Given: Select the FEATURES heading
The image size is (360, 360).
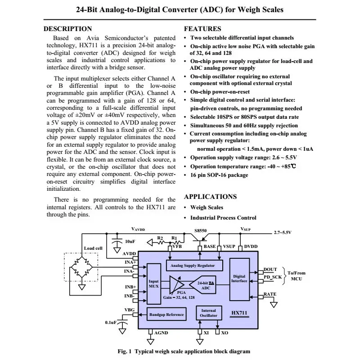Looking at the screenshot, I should point(203,29).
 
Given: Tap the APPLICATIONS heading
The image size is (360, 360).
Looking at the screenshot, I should point(210,197).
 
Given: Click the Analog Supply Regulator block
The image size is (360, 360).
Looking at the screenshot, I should point(193,265).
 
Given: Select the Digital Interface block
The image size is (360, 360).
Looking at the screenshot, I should point(239,279).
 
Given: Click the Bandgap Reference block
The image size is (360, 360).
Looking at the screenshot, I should point(166,315).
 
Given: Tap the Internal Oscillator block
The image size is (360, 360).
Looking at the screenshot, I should point(208,313).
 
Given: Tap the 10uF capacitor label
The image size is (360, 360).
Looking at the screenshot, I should point(130,242).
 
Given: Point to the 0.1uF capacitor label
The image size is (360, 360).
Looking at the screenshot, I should point(111,323).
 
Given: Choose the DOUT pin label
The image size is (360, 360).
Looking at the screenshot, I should point(270,269).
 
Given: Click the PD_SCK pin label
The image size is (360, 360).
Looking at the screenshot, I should point(273,277).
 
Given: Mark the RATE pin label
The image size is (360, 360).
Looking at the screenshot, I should point(270,294).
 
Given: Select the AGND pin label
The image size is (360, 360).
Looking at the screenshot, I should point(161,333).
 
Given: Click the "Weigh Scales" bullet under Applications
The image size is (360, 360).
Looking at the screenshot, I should point(207,207).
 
